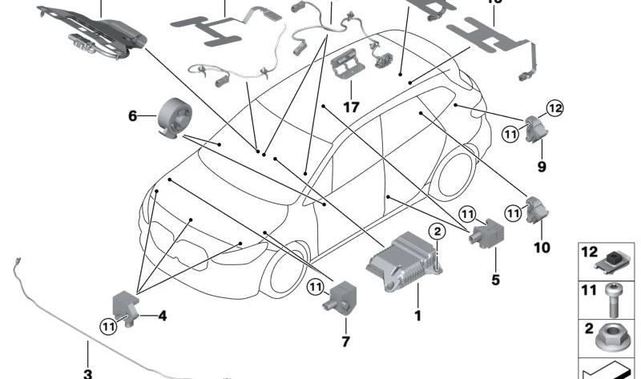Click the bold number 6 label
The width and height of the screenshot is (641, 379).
(x=133, y=116)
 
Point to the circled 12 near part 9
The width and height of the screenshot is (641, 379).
(x=556, y=107)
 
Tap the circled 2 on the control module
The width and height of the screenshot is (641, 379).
(x=437, y=232)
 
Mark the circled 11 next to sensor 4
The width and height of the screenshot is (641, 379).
(x=107, y=325)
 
